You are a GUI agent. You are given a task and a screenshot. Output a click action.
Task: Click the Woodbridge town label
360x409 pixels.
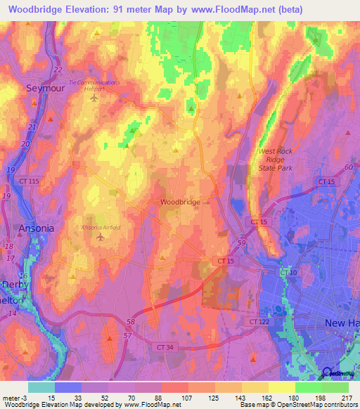click(180, 202)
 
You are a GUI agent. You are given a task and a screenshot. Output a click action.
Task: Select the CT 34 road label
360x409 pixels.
click(165, 346)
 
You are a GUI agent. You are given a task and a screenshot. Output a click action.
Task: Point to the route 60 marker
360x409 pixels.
click(348, 167)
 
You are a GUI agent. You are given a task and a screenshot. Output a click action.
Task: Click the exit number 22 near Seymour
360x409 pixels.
click(57, 70)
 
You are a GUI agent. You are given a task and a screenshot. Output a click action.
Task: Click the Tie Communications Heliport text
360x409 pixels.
click(94, 82)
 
